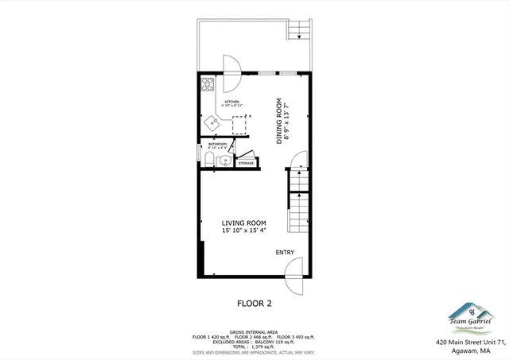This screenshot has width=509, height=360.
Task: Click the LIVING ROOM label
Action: tap(244, 223)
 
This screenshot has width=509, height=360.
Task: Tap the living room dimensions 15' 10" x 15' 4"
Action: tap(244, 230)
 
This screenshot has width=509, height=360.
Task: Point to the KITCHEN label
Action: tap(232, 103)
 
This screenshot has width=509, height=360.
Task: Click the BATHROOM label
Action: tap(217, 144)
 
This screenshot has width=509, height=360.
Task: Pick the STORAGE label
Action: tap(246, 163)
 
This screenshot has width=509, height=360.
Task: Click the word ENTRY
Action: tap(286, 253)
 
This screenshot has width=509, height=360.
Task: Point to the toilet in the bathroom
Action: tap(208, 161)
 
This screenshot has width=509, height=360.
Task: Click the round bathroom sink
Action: tap(225, 161)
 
